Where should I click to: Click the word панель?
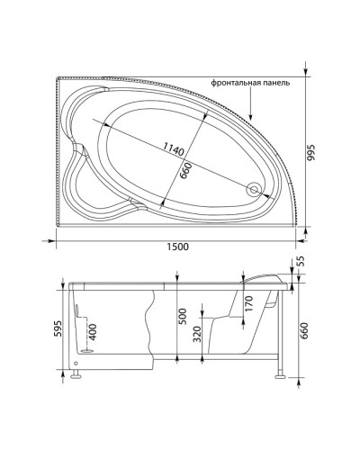277,82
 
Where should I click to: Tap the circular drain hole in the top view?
256,189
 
